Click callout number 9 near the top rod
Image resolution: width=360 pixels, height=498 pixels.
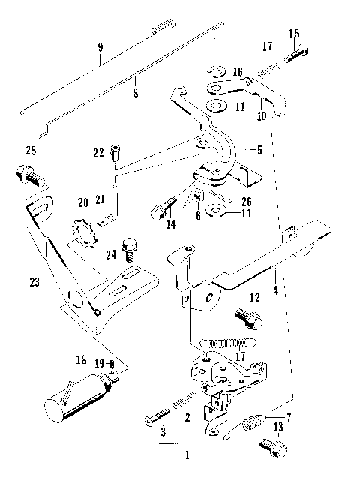(100, 49)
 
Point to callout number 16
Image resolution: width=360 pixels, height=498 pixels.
(238, 72)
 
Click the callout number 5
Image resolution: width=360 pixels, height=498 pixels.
(259, 149)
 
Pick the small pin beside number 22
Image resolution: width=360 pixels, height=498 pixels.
(115, 154)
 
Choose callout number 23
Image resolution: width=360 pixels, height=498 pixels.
(34, 283)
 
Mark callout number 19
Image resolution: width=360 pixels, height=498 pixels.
(99, 365)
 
